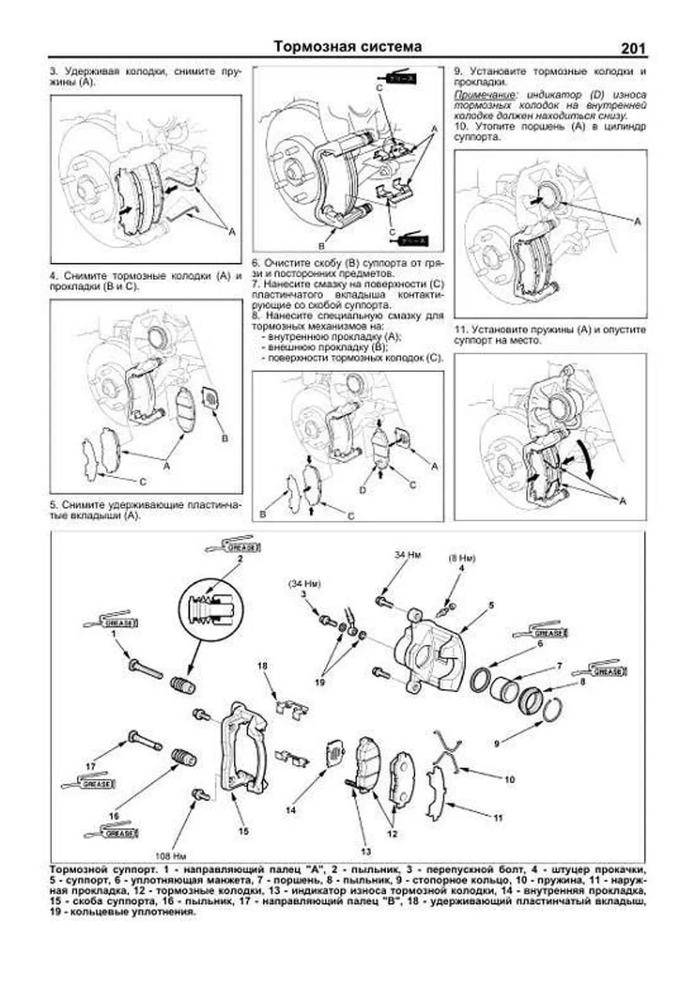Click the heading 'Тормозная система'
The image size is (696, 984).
point(347,46)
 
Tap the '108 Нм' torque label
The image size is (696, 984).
point(171,855)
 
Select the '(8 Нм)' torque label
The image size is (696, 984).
point(462,558)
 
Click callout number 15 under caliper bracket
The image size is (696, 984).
point(244,830)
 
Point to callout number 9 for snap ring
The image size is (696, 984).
point(497,742)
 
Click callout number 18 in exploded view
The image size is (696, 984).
point(263,666)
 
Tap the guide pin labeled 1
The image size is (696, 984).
point(145,670)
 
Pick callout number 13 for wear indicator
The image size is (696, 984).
point(366,851)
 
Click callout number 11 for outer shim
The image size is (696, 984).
point(498,818)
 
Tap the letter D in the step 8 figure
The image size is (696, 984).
point(362,491)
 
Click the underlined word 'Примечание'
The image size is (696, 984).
point(477,95)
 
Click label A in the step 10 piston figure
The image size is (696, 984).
point(638,222)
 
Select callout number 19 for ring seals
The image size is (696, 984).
point(320,682)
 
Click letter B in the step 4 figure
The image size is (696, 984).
point(225,438)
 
